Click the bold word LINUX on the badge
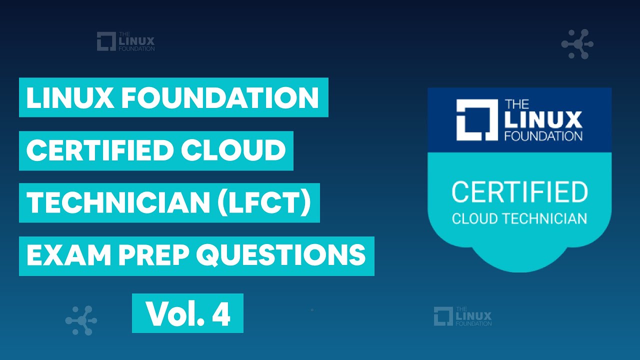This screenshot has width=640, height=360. [543, 120]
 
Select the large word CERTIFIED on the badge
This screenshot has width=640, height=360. [519, 192]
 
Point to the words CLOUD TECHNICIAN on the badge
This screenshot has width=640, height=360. [519, 218]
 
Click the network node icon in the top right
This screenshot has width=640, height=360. [577, 44]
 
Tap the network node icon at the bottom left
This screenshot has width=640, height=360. [81, 320]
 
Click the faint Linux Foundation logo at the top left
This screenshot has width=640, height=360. [125, 41]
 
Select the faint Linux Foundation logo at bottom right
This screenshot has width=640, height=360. [462, 316]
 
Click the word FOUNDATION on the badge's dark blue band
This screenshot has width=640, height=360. [543, 135]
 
